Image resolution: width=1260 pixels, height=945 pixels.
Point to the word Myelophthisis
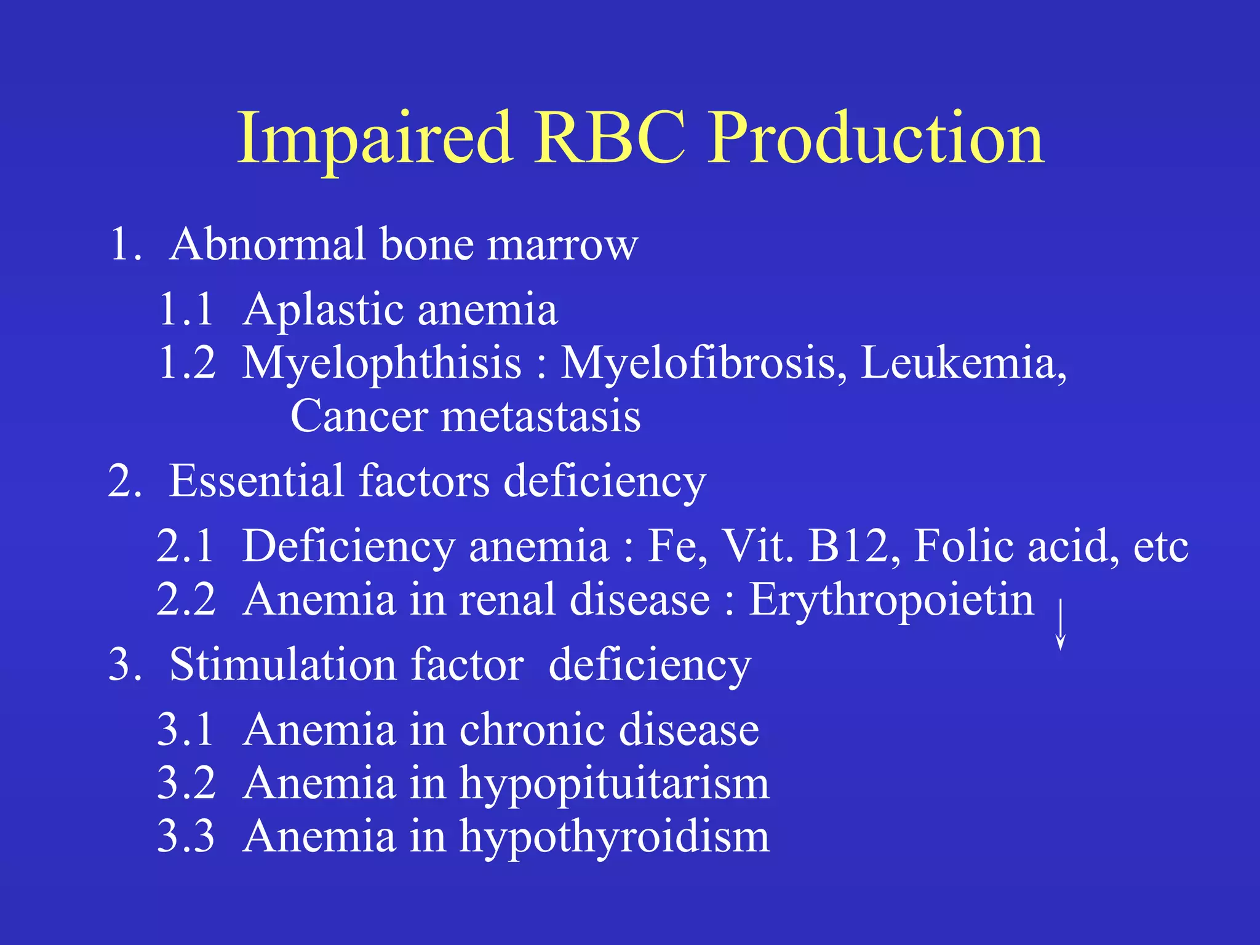381,364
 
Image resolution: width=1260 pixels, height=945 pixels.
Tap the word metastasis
541,417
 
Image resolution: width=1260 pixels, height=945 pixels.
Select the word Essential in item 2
256,481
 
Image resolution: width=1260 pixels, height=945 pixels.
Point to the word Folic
962,546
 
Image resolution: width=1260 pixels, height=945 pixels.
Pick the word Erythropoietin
891,600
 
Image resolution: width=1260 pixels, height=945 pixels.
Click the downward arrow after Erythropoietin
1060,624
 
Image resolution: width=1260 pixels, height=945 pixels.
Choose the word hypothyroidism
615,837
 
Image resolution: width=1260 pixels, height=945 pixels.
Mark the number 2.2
186,600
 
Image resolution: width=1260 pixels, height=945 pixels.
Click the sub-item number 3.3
186,837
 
